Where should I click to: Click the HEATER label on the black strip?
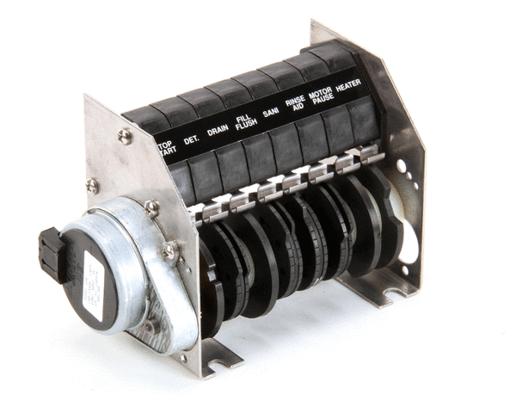point(347,88)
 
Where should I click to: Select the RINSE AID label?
point(294,102)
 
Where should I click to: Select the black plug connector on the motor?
point(53,255)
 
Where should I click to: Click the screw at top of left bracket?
point(125,135)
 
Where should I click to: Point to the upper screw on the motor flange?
point(151,207)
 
